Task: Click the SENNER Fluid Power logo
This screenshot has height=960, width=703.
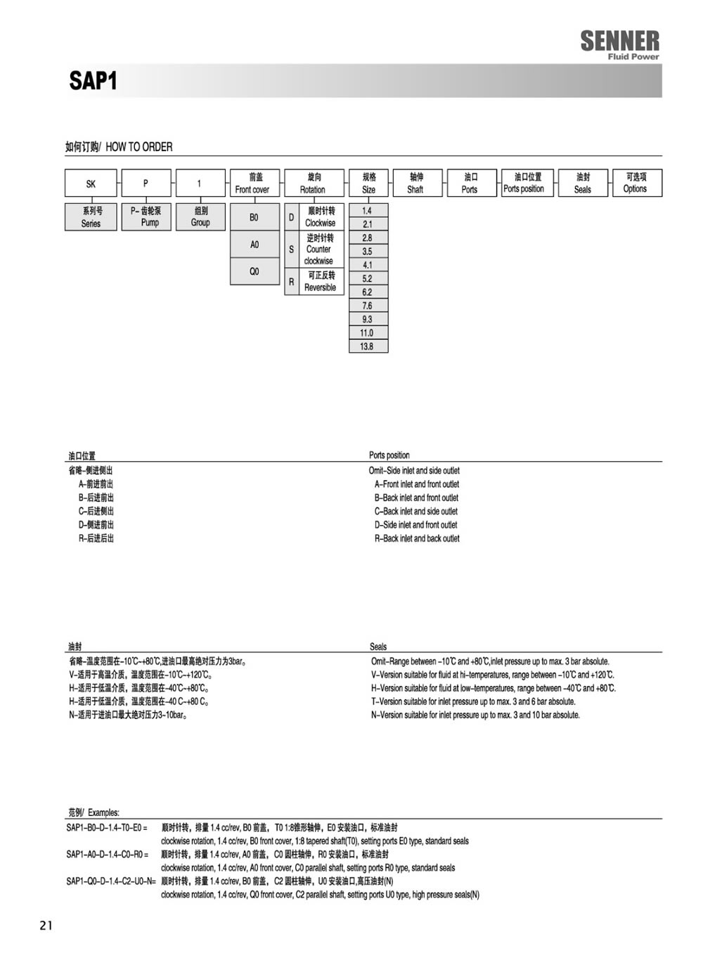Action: pyautogui.click(x=619, y=44)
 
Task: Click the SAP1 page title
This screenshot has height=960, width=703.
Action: pyautogui.click(x=93, y=81)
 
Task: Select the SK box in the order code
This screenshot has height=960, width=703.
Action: pyautogui.click(x=91, y=183)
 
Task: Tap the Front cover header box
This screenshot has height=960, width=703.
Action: pyautogui.click(x=254, y=183)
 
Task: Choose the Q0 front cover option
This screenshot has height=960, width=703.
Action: pyautogui.click(x=254, y=271)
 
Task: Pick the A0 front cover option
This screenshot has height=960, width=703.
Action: pyautogui.click(x=254, y=245)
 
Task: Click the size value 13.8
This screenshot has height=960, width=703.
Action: pyautogui.click(x=368, y=346)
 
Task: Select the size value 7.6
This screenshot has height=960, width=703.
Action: pyautogui.click(x=368, y=306)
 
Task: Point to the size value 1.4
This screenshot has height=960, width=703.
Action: pyautogui.click(x=368, y=211)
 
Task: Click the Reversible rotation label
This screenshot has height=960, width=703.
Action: pyautogui.click(x=321, y=282)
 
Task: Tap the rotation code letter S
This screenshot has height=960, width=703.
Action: pyautogui.click(x=292, y=249)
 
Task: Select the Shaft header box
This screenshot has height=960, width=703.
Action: pyautogui.click(x=416, y=183)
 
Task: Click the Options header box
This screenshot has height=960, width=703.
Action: pyautogui.click(x=636, y=183)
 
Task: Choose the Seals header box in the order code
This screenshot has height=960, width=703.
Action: pyautogui.click(x=583, y=183)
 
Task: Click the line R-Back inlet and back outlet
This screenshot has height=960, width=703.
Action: pyautogui.click(x=417, y=538)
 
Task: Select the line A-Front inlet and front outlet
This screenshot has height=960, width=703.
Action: pyautogui.click(x=417, y=484)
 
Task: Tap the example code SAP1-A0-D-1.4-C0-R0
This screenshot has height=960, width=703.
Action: pyautogui.click(x=108, y=855)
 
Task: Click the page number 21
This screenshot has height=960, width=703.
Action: pyautogui.click(x=46, y=926)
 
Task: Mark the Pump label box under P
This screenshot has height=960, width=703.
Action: pyautogui.click(x=146, y=216)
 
